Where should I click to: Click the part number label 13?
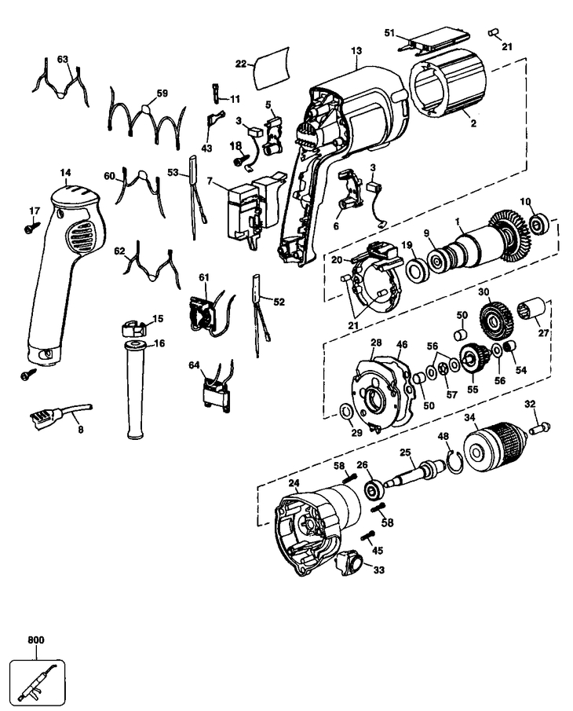coord(356,50)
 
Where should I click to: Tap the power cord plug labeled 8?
coord(61,412)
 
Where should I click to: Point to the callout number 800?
coord(36,640)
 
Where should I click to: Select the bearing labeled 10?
coord(539,224)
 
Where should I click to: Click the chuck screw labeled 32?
coord(538,428)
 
